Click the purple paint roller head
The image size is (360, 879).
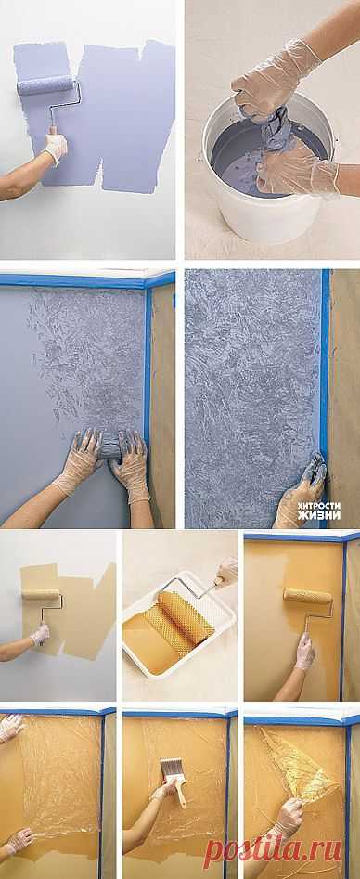coord(47,85)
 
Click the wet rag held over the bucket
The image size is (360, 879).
coord(276,130)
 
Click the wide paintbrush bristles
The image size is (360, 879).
coord(171,768)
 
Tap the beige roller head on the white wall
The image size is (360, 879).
coord(41,595)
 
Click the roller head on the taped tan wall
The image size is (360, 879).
coord(307,595)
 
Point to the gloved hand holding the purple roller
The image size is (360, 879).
coord(56,147)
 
